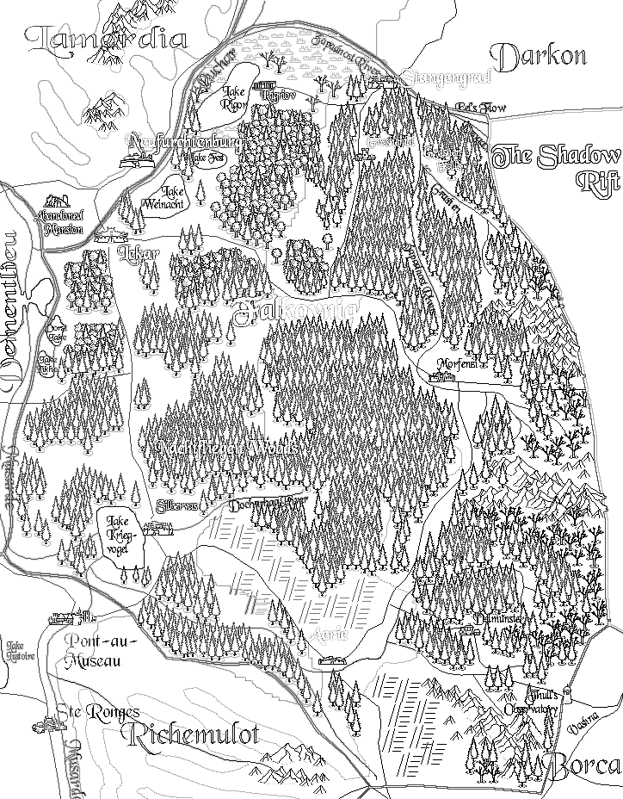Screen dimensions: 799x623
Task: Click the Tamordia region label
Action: coord(107,39)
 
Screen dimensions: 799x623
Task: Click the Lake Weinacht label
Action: coord(175,195)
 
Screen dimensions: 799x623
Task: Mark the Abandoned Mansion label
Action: coord(60,223)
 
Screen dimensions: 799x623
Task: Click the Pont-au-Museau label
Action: coord(91,651)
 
